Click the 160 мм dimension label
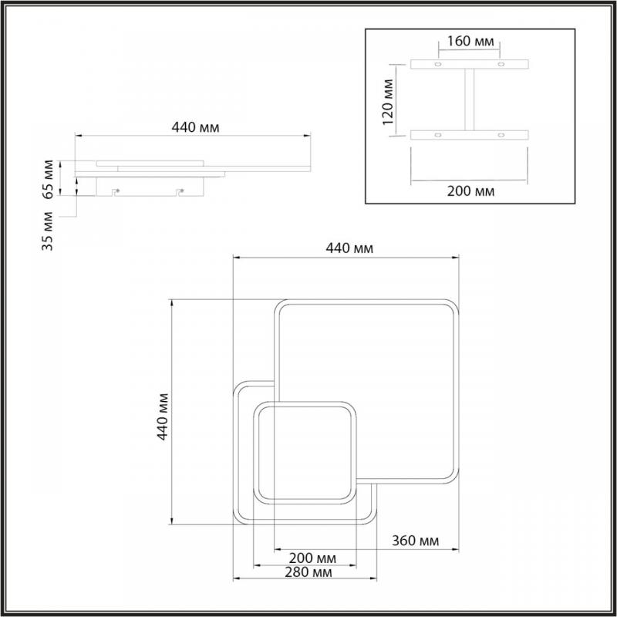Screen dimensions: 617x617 click(x=470, y=41)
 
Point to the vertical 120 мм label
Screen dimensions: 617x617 click(x=388, y=102)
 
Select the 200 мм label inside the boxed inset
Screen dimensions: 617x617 click(x=470, y=191)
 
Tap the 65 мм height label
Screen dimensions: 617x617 click(x=48, y=179)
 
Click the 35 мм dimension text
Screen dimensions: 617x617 click(x=47, y=231)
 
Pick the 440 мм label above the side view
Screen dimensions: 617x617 click(x=196, y=127)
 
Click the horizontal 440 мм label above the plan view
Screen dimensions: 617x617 click(x=349, y=248)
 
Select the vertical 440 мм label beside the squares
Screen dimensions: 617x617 click(x=163, y=416)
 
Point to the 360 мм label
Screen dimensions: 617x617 click(x=415, y=541)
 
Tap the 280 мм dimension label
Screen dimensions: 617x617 click(x=308, y=571)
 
